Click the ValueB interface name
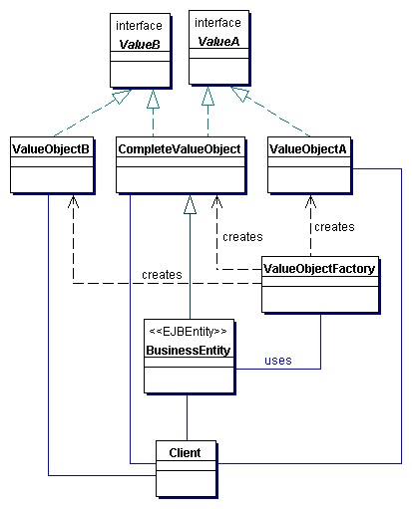[140, 44]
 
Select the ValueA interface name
[218, 42]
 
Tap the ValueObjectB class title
[51, 149]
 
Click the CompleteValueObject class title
[180, 149]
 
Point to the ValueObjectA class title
[308, 149]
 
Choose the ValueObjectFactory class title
[319, 269]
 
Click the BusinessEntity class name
[189, 351]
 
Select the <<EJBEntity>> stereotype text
[188, 332]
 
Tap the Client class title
[185, 452]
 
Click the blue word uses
[278, 361]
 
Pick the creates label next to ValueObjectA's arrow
[334, 227]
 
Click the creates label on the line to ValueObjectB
[162, 275]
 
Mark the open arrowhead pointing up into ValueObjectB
[73, 201]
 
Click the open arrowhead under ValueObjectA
[310, 201]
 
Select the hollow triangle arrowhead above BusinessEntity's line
[190, 204]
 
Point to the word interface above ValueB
[139, 26]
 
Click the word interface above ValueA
[217, 23]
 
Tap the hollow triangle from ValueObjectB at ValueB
[122, 97]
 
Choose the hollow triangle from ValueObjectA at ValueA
[239, 94]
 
